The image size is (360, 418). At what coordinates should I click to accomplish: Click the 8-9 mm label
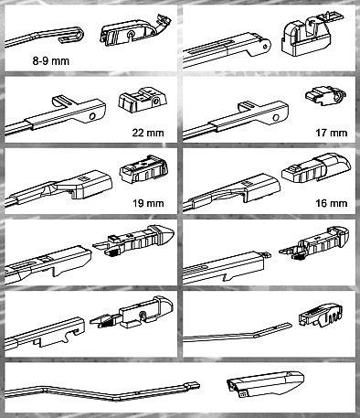coord(51,61)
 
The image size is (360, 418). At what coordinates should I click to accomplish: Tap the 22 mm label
coord(148,133)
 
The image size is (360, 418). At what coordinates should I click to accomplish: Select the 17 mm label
coord(332,133)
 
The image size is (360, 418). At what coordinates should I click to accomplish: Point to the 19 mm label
coord(148,203)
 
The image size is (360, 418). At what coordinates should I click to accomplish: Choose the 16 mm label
coord(332,203)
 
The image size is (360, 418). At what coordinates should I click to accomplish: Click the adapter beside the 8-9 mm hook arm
coord(135,31)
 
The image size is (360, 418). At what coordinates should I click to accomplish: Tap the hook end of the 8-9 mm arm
coord(75,35)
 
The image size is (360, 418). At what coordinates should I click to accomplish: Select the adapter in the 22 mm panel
coord(143,98)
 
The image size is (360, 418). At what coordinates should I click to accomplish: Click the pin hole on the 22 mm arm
coord(92,116)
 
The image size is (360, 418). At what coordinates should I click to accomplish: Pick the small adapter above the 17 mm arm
coord(326,95)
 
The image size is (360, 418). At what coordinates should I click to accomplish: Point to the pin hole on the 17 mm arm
coord(276,117)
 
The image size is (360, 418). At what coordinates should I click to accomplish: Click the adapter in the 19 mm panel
coord(143,169)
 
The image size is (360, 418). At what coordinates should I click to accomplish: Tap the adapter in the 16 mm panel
coord(316,168)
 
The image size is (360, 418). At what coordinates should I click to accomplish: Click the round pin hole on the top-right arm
coord(266,46)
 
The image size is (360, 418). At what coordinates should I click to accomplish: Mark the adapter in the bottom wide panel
coord(265,384)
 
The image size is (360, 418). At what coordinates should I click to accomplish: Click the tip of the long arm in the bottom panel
coord(198,386)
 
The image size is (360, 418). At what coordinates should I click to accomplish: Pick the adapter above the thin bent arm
coord(321,315)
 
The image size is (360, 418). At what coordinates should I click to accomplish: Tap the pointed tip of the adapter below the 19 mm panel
coord(173,231)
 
